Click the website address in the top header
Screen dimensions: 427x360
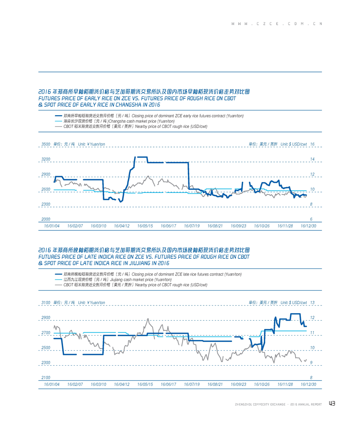click(277, 24)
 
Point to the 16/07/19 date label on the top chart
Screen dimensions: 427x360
click(192, 226)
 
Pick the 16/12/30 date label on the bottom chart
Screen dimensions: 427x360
click(308, 384)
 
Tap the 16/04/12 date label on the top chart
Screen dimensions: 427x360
click(122, 226)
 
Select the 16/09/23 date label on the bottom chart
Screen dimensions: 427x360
click(238, 384)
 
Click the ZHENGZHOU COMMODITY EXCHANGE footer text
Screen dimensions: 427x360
click(260, 404)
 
